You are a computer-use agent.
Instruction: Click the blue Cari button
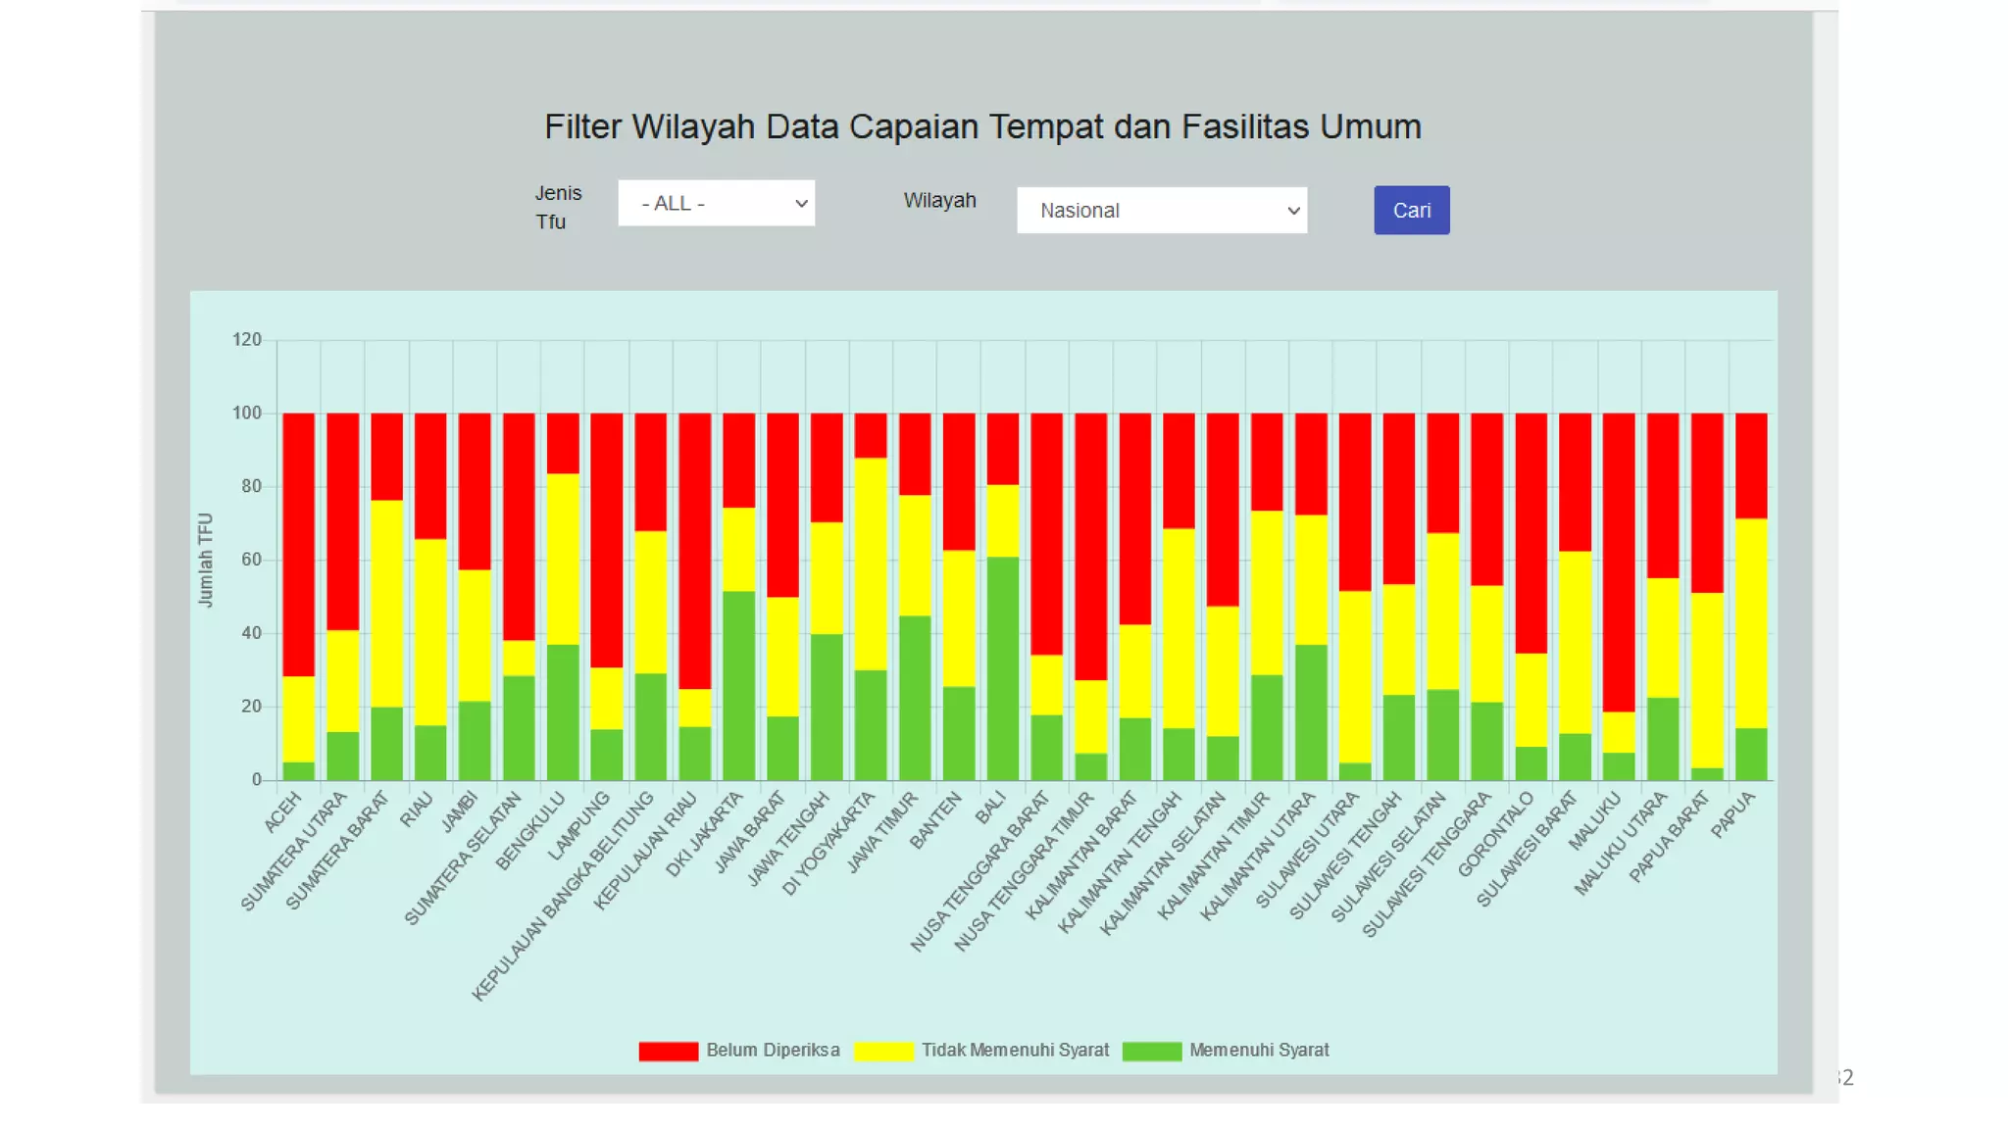[1411, 211]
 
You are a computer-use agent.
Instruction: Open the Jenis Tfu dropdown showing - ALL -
[716, 203]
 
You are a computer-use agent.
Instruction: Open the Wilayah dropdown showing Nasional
[1161, 211]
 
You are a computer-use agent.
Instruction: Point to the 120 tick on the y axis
[246, 340]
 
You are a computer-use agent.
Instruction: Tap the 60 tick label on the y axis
[250, 560]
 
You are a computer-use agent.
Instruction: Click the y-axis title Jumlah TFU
[205, 560]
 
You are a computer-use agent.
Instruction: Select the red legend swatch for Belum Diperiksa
[668, 1051]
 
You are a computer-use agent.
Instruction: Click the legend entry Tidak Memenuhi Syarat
[1014, 1051]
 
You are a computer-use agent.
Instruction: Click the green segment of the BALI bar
[1002, 668]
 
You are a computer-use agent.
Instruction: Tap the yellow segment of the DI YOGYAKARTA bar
[871, 564]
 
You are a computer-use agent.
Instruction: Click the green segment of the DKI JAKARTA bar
[738, 685]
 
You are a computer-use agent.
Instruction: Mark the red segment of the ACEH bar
[298, 544]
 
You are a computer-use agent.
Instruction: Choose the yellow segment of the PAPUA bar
[1751, 622]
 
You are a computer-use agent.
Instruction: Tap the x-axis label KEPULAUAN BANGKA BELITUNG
[564, 897]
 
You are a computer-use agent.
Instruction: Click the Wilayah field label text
[939, 201]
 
